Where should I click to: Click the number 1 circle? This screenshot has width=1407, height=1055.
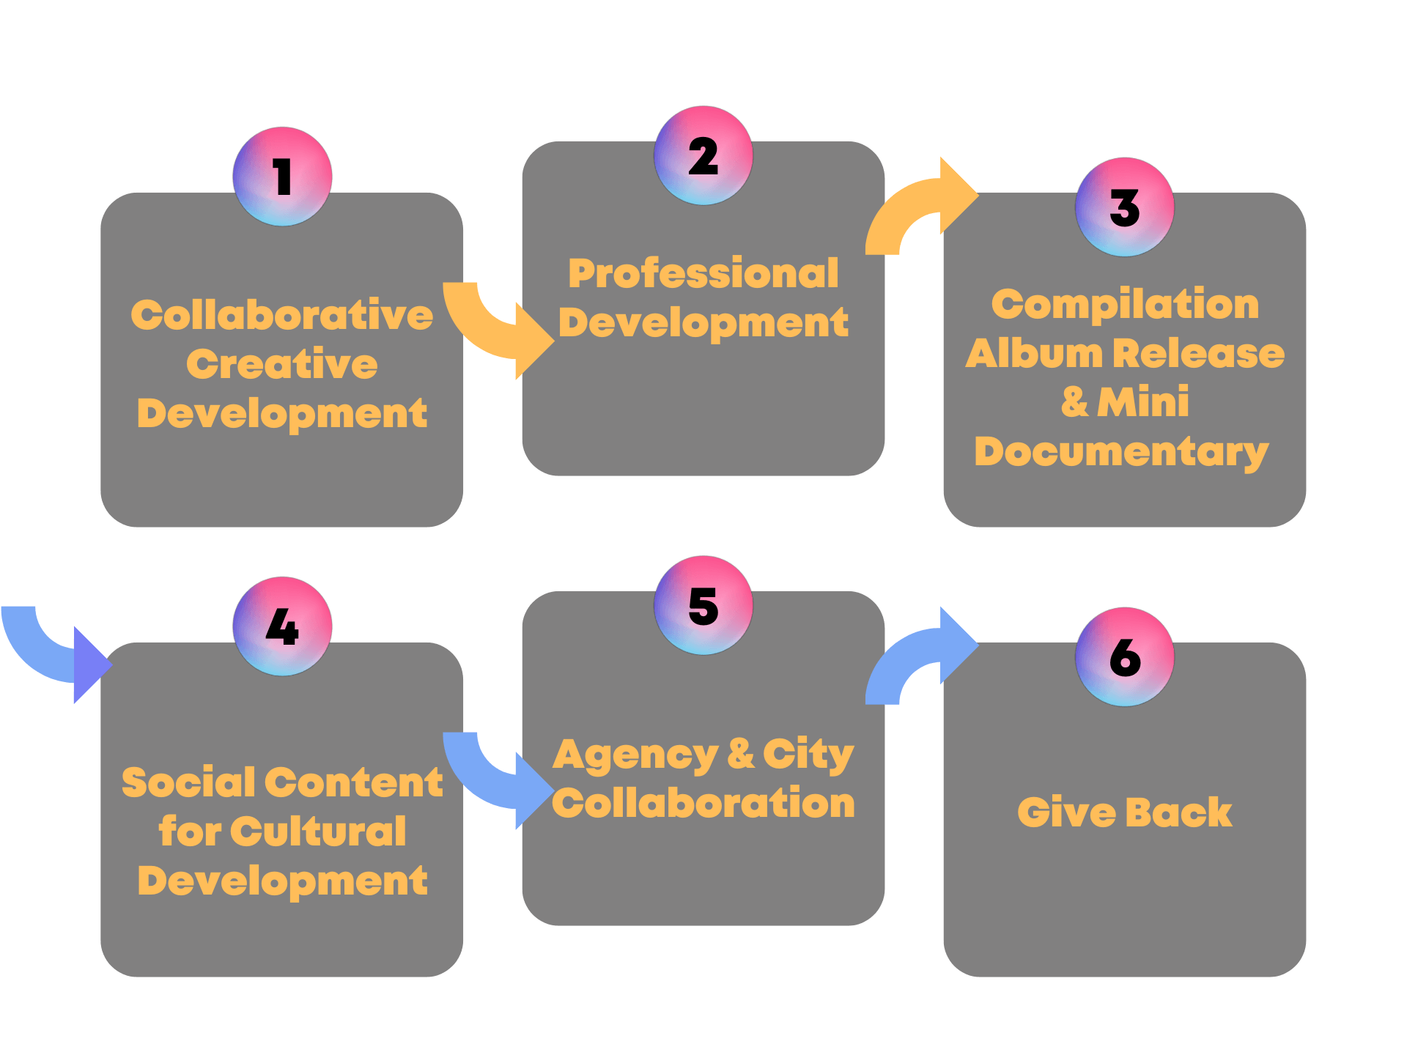point(282,177)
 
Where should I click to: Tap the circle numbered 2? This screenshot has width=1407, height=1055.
point(703,155)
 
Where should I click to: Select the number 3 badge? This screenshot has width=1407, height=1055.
point(1125,207)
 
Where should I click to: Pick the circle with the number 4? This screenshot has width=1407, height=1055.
point(282,626)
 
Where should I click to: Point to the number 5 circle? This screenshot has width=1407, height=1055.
point(703,605)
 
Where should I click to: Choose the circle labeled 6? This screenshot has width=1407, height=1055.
point(1125,657)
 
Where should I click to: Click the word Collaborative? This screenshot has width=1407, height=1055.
point(282,315)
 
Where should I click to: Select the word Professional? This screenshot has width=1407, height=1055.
point(703,273)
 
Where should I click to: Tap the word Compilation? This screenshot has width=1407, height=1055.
point(1125,304)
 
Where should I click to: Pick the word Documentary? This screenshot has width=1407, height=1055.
point(1121,451)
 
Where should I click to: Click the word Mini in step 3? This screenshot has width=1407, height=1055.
point(1143,402)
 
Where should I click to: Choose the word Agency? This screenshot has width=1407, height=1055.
point(636,755)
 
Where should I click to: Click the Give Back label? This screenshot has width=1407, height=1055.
point(1125,812)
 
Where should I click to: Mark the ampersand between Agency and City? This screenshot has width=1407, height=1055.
point(741,753)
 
